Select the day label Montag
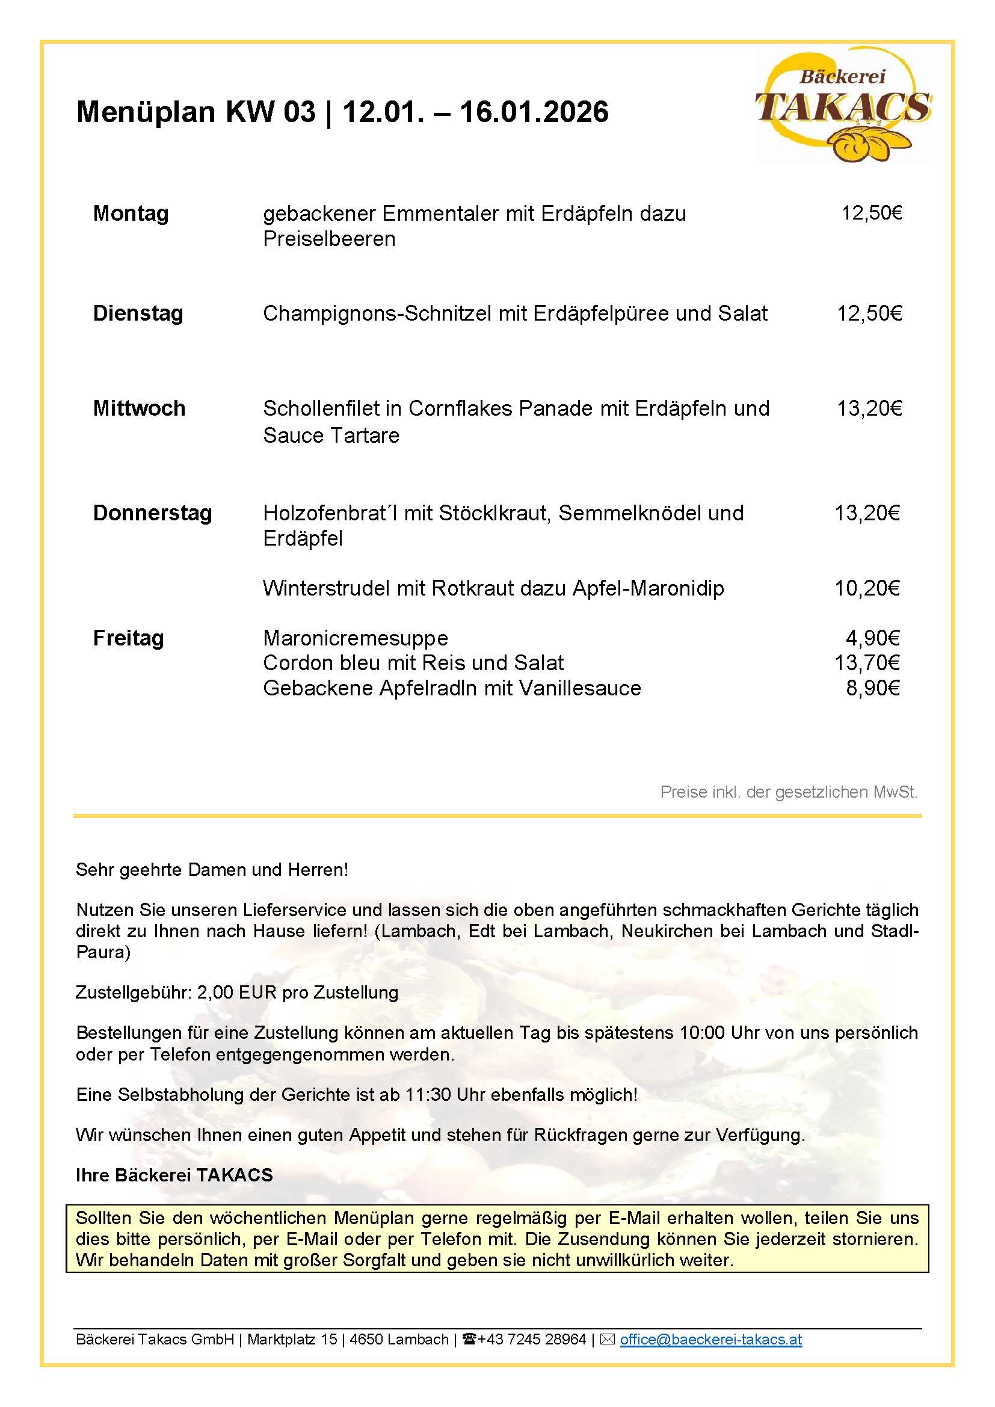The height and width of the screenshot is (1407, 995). coord(131,214)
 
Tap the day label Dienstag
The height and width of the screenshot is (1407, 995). coord(138,313)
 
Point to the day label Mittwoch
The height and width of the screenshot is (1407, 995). coord(139,408)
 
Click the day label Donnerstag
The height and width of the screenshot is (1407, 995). coord(152,513)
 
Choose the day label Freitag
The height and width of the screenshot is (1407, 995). coord(128,638)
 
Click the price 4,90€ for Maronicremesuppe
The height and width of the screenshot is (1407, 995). coord(872,638)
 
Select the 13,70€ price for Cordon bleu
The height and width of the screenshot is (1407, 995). coord(867,662)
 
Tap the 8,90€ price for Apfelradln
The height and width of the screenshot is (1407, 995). coord(872,688)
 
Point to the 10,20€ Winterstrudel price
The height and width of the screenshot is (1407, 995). coord(867,588)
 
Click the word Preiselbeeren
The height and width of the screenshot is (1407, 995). coord(329,238)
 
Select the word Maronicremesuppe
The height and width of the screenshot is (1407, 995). coord(356,638)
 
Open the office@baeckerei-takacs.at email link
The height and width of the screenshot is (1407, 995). coord(710,1340)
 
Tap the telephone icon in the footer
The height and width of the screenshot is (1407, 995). coord(470,1340)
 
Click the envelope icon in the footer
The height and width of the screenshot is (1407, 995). coord(607,1340)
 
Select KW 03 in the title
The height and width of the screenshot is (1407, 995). coord(271,111)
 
